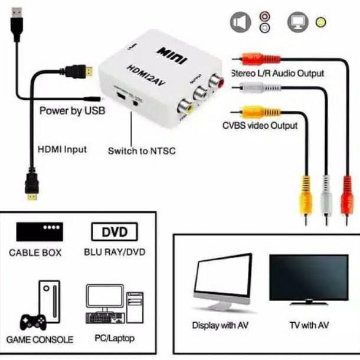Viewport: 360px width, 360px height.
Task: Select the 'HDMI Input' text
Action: pos(62,149)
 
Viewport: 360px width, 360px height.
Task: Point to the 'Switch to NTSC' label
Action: pos(142,150)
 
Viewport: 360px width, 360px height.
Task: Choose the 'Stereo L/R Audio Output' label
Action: pos(277,73)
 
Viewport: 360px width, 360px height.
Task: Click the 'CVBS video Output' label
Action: pos(260,125)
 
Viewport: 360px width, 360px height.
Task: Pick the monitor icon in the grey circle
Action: pos(297,22)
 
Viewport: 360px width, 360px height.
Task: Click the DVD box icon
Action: pos(114,230)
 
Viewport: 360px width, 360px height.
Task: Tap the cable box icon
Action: pos(39,230)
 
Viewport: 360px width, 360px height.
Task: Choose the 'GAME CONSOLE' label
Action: pos(40,339)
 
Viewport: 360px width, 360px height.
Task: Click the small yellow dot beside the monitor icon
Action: pos(320,22)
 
